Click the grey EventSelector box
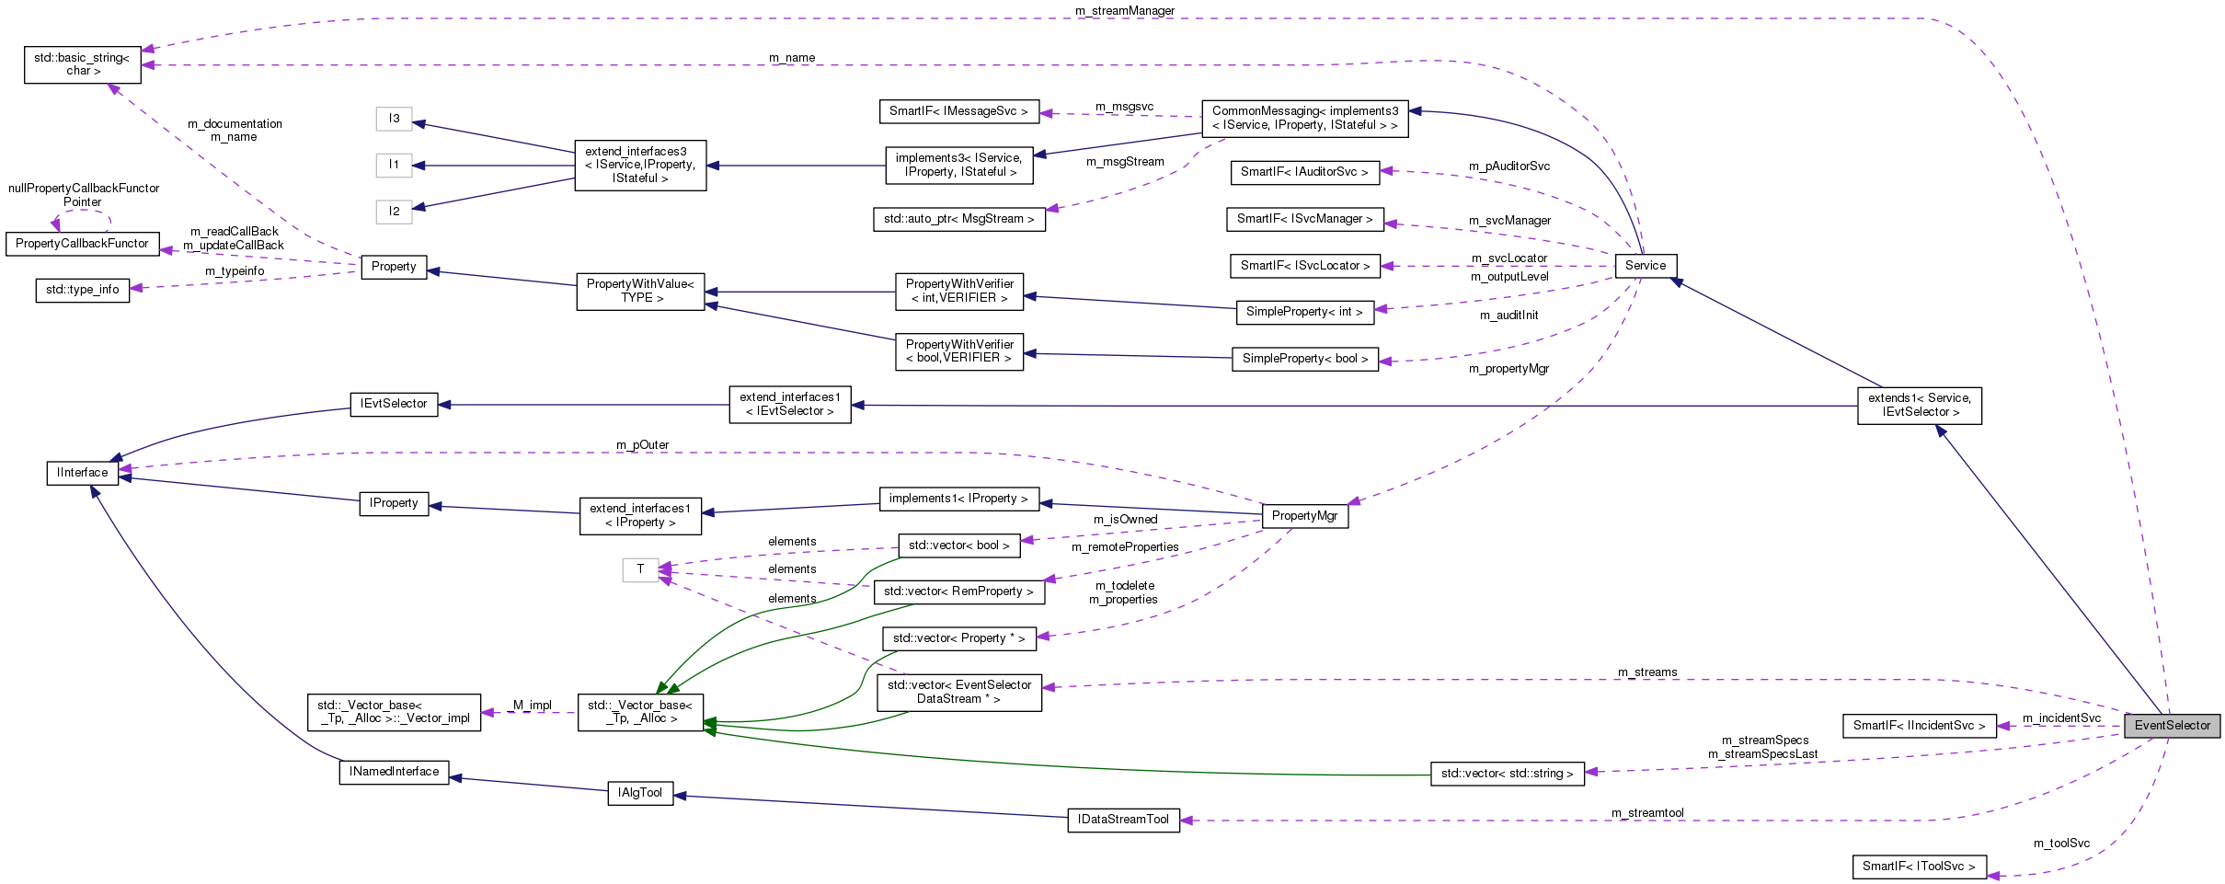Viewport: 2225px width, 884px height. point(2172,726)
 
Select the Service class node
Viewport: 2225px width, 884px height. point(1645,266)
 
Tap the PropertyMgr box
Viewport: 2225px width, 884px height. point(1304,516)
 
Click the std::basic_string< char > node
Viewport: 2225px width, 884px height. point(82,64)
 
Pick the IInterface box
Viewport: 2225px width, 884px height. point(82,473)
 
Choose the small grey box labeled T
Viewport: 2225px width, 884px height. point(640,569)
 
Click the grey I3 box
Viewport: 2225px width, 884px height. point(394,119)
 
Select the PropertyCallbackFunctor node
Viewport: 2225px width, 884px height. point(82,244)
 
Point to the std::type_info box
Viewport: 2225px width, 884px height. point(82,290)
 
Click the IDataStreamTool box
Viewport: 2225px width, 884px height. point(1123,820)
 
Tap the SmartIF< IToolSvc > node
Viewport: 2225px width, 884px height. point(1919,867)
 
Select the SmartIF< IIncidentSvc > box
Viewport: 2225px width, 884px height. point(1919,726)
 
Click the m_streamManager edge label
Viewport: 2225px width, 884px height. point(1124,11)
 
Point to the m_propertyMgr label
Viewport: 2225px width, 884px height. point(1508,369)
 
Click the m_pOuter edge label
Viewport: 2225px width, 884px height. point(642,445)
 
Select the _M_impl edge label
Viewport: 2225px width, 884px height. point(530,706)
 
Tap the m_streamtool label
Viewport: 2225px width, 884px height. point(1647,813)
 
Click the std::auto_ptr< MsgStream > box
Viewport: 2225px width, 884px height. point(958,219)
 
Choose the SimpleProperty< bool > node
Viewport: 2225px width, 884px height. point(1304,359)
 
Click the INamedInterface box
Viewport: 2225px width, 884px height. point(394,772)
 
